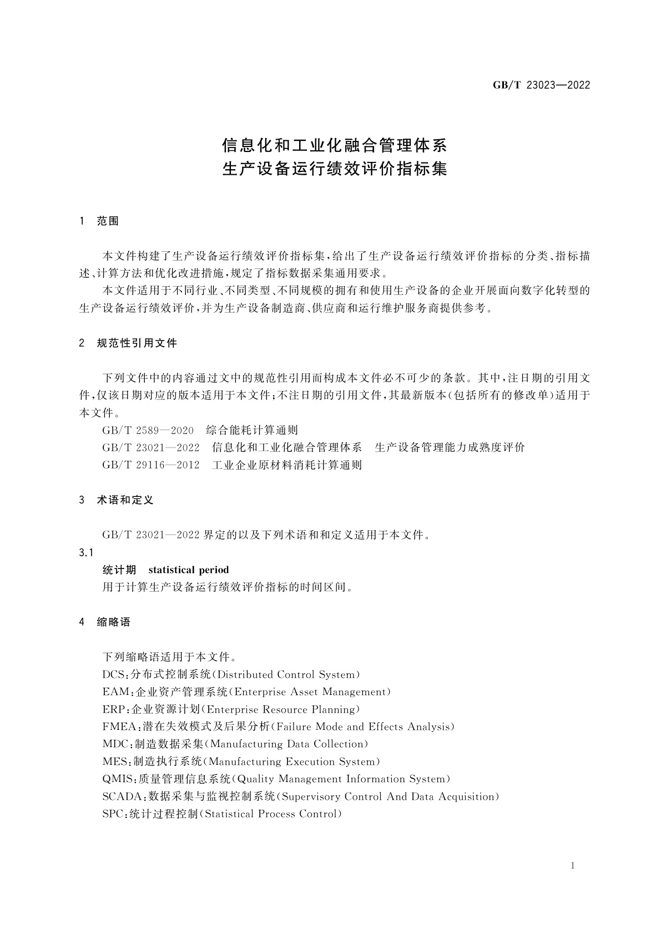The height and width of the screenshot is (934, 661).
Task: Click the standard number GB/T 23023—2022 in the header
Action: pos(541,85)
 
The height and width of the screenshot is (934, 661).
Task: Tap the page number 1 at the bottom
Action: pos(572,866)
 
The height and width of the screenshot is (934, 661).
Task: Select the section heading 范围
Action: pos(108,221)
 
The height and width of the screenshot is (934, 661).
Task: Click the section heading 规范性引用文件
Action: pos(137,343)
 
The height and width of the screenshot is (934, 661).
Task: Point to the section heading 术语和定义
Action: pos(125,500)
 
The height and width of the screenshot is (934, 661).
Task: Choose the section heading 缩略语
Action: pos(114,622)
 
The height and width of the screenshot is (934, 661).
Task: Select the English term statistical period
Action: pos(189,570)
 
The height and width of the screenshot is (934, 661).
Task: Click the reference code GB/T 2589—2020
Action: pos(148,430)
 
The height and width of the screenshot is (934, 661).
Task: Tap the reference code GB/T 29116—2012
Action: pos(151,465)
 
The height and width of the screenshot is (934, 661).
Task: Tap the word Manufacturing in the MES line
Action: pos(244,762)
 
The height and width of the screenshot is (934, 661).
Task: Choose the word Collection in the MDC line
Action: pos(338,744)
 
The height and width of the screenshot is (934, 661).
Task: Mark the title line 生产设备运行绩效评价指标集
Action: pos(335,169)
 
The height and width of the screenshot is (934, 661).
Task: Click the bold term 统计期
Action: pos(119,570)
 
